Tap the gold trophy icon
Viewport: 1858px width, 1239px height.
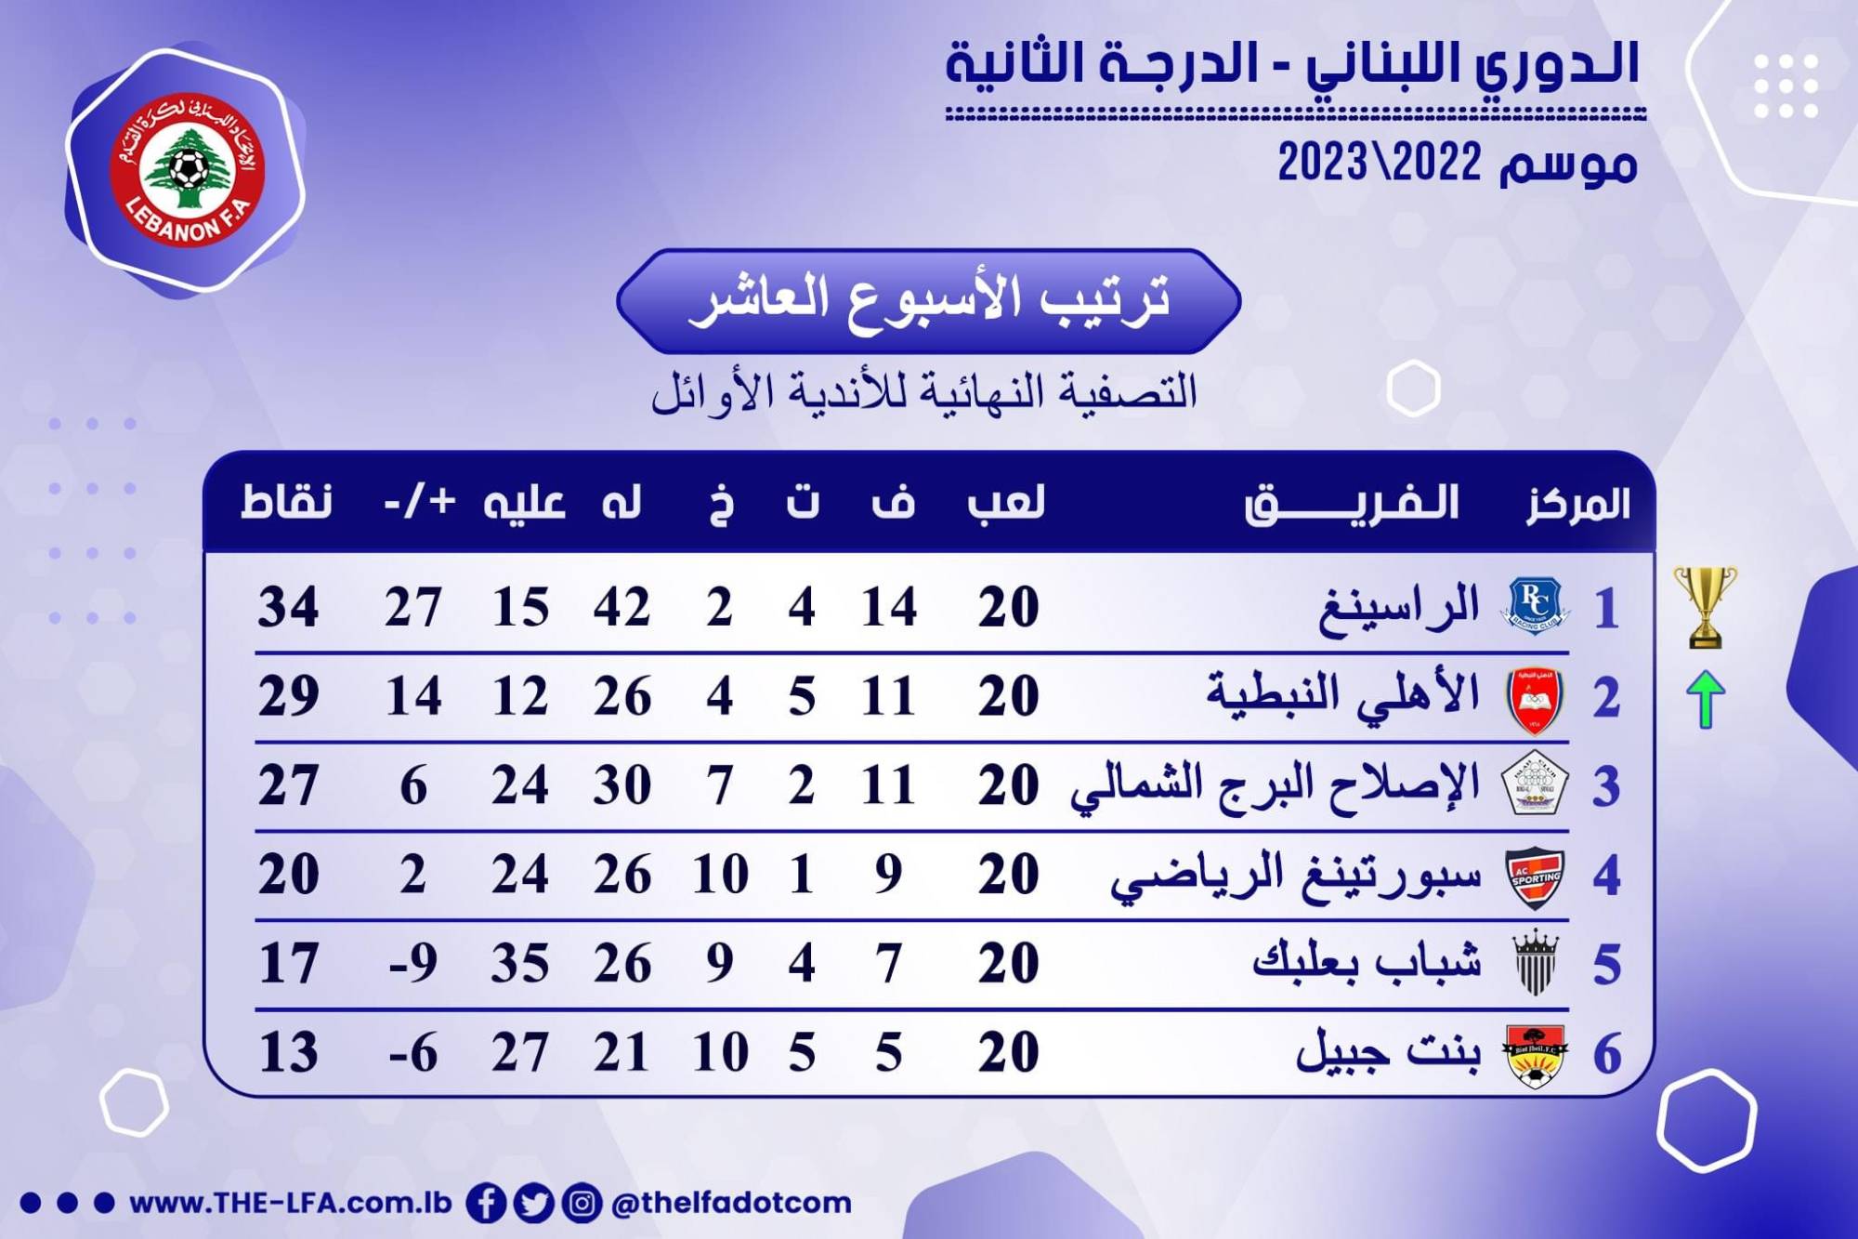[1705, 607]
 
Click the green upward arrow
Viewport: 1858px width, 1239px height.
[1706, 698]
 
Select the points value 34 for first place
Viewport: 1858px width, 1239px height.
[288, 607]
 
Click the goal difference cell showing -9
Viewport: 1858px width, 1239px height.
[412, 963]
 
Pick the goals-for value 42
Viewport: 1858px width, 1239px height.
[622, 607]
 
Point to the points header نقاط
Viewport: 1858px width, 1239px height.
[286, 502]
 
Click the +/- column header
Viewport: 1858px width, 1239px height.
[420, 502]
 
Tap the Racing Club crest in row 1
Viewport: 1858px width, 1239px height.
[1535, 606]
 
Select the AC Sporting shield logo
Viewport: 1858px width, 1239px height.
[1535, 876]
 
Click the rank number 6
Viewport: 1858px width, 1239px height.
[1607, 1054]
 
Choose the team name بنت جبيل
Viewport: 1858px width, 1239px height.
[1388, 1050]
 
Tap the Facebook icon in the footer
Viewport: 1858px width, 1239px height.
[486, 1203]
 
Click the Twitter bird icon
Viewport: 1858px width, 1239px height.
[533, 1203]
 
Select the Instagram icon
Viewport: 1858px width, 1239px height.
[582, 1203]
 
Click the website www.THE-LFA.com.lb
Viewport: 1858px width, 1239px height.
[291, 1203]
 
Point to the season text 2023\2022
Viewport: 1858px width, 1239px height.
[1380, 164]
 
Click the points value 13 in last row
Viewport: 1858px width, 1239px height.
[288, 1052]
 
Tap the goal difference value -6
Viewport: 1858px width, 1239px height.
[412, 1052]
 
